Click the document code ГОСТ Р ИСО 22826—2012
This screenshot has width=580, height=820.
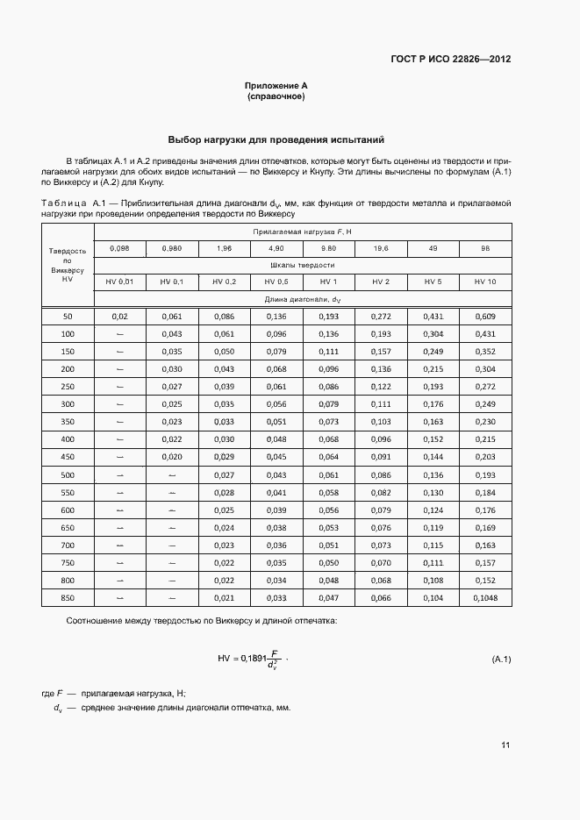[450, 60]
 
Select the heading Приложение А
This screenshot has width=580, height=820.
[276, 86]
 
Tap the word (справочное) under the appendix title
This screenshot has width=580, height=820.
[276, 96]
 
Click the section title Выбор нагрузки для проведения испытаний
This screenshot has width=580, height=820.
[276, 139]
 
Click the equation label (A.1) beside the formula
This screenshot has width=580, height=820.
[501, 659]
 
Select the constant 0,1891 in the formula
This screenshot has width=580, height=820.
[253, 658]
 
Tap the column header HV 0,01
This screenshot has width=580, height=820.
[120, 282]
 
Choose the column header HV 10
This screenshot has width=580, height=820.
[484, 282]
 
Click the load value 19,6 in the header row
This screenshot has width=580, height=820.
[381, 248]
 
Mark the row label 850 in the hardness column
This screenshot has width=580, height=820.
[68, 597]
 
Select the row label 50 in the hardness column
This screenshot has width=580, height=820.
[68, 316]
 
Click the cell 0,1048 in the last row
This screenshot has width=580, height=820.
[484, 597]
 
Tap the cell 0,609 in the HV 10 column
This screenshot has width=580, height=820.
[484, 316]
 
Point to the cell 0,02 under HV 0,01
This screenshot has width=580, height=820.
[120, 316]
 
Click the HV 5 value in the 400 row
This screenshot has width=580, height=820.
[433, 439]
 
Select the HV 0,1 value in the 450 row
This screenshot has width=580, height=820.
[172, 456]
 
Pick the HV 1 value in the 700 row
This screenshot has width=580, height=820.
[328, 545]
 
